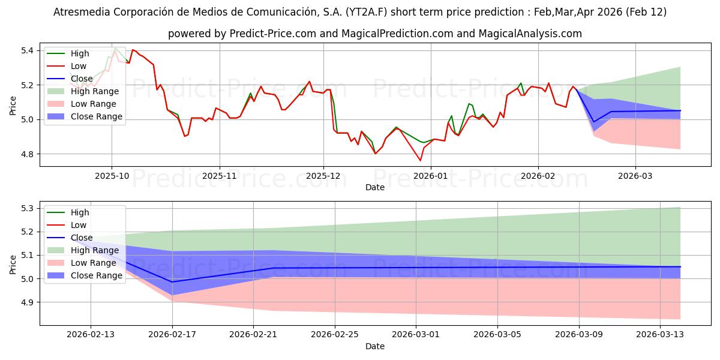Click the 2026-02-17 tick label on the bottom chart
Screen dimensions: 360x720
click(172, 334)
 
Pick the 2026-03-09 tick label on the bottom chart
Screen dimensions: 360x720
click(579, 334)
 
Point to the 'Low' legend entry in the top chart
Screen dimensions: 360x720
click(79, 66)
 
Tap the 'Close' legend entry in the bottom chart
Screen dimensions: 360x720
click(81, 238)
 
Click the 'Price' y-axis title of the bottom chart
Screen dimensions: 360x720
click(13, 263)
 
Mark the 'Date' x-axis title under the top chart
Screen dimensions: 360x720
click(375, 187)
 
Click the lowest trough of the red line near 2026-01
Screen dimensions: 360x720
click(420, 160)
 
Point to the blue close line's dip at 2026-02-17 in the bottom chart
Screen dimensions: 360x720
click(172, 282)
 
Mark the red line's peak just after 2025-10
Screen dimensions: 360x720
click(133, 50)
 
